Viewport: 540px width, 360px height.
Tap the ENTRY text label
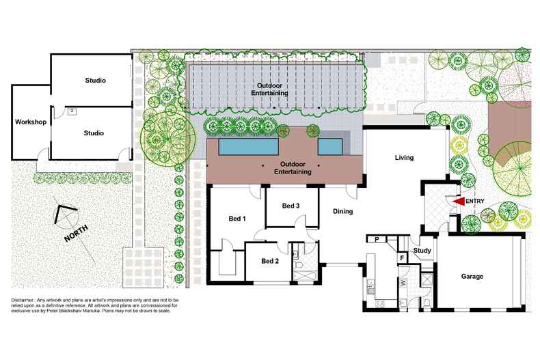coord(475,202)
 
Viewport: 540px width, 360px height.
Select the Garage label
coord(472,277)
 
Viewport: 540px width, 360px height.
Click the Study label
coord(422,251)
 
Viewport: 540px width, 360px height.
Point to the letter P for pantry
coord(377,239)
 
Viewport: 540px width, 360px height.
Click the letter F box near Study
coord(402,258)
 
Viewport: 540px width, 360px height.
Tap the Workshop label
coord(30,122)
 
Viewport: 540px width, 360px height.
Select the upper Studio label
coord(95,81)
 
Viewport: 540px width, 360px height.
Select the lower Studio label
coord(93,133)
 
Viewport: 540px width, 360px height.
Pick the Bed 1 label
coord(237,219)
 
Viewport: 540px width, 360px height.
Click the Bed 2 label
coord(270,261)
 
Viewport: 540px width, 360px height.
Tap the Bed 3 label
coord(291,206)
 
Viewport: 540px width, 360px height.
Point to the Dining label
coord(342,212)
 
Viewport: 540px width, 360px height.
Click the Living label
coord(404,158)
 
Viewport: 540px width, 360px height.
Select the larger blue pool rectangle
coord(248,148)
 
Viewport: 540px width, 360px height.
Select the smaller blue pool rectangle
coord(329,147)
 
